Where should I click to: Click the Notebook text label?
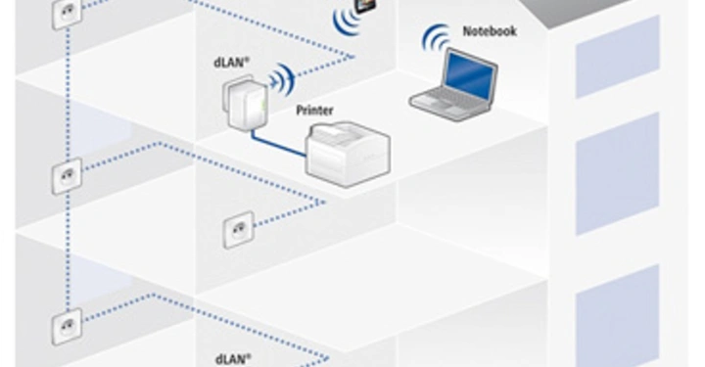pyautogui.click(x=489, y=32)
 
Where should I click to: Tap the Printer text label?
pyautogui.click(x=314, y=111)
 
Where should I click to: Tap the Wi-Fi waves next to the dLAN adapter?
pyautogui.click(x=282, y=78)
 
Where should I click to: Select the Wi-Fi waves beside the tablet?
pyautogui.click(x=345, y=20)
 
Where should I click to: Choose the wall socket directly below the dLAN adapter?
pyautogui.click(x=238, y=232)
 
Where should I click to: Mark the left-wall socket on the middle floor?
pyautogui.click(x=66, y=178)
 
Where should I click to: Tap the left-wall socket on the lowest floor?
pyautogui.click(x=67, y=322)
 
